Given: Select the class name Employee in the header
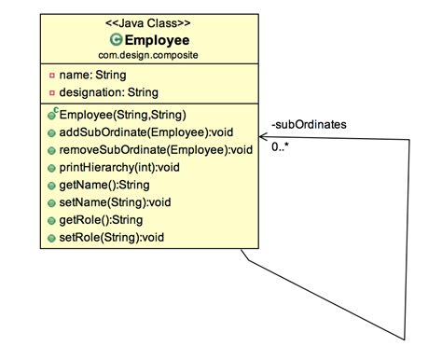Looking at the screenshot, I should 157,40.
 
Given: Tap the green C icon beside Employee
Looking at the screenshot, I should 117,40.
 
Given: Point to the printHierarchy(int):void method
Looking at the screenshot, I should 127,168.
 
